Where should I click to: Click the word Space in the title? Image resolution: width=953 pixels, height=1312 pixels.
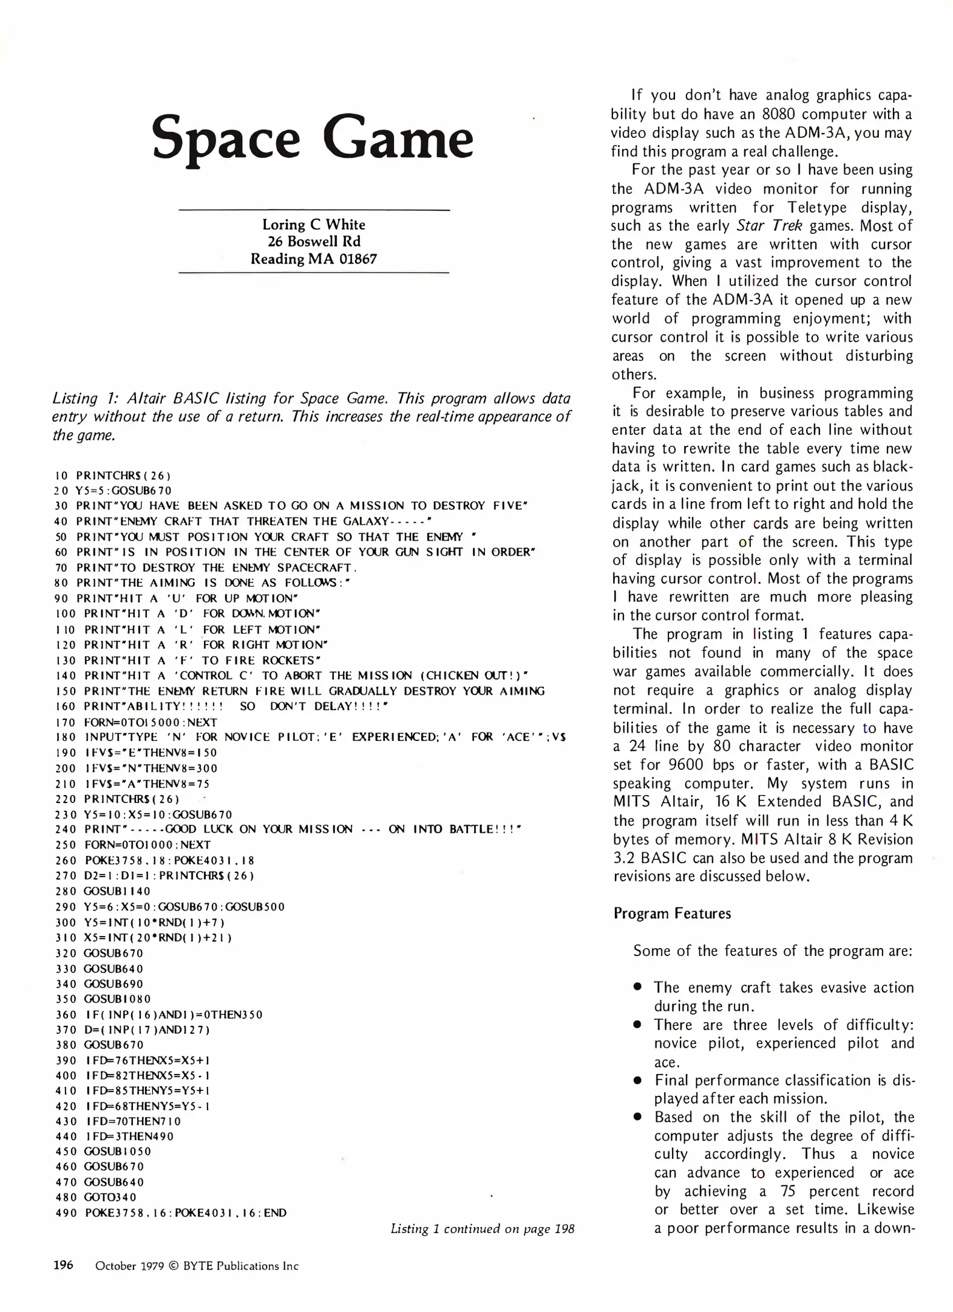coord(226,138)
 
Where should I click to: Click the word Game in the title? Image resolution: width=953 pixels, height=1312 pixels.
coord(398,138)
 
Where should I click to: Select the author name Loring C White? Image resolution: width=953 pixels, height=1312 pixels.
coord(313,224)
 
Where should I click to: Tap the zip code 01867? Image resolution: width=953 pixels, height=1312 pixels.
coord(358,259)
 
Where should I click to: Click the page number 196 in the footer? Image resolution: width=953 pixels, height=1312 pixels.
coord(63,1265)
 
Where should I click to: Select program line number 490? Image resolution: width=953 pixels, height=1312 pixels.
coord(66,1213)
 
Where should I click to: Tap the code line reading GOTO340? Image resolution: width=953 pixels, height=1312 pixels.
coord(110,1197)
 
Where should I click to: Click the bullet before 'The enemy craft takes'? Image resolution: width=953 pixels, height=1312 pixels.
coord(637,987)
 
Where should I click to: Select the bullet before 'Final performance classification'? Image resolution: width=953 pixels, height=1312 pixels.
coord(637,1081)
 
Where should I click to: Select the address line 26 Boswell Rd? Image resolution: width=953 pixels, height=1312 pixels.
coord(314,241)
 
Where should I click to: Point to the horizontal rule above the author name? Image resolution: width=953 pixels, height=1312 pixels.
coord(314,210)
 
